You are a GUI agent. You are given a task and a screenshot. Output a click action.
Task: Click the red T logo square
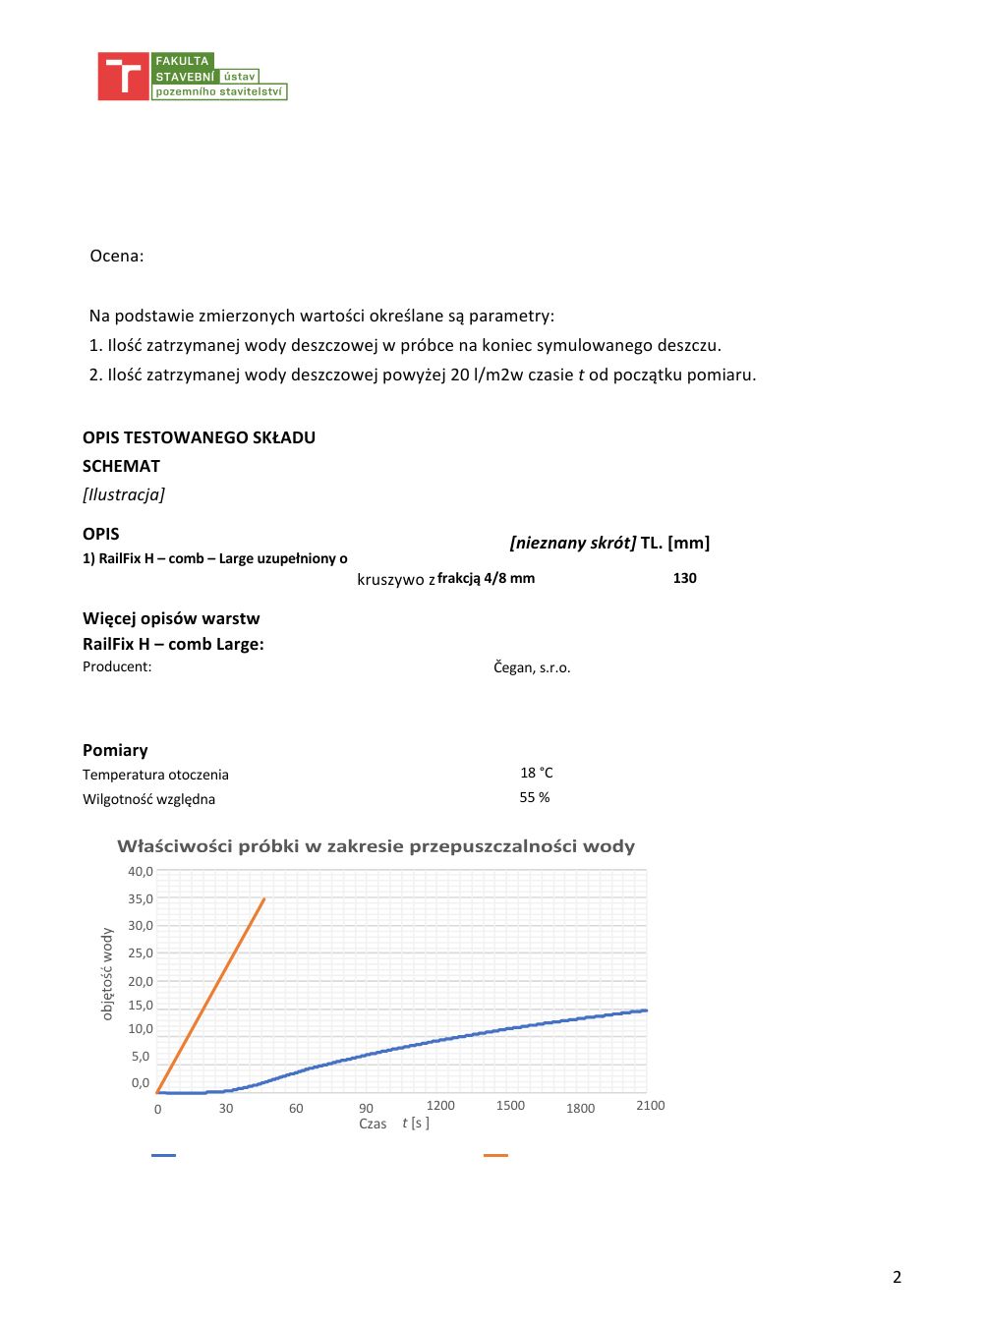[123, 77]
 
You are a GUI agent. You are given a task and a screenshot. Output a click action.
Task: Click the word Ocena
[116, 257]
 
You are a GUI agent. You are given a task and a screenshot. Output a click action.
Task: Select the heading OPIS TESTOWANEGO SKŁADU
[199, 437]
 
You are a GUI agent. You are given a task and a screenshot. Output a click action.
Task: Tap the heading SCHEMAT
[121, 466]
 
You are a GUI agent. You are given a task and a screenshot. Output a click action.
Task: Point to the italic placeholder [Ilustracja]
[124, 494]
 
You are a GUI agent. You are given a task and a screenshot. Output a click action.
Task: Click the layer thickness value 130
[684, 578]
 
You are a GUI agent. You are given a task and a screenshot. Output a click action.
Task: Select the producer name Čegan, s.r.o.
[532, 667]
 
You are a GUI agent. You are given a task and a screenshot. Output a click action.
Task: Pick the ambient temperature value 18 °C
[536, 773]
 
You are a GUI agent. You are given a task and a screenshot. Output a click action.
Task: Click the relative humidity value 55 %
[535, 797]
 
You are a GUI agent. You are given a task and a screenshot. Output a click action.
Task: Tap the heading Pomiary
[115, 750]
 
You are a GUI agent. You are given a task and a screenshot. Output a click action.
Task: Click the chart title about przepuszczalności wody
[376, 846]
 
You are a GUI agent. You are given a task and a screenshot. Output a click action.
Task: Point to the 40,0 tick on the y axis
[141, 871]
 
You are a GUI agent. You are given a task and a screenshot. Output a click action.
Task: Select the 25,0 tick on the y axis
[141, 952]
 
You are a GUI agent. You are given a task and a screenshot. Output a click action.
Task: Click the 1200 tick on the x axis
[440, 1106]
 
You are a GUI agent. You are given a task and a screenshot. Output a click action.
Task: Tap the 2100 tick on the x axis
[650, 1106]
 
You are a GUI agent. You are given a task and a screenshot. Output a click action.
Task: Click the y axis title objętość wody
[107, 974]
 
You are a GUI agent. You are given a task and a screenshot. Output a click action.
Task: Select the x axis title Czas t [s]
[393, 1124]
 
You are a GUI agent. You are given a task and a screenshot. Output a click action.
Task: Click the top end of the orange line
[263, 898]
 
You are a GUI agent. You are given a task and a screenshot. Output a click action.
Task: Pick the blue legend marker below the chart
[163, 1155]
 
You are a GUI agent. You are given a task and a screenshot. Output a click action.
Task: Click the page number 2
[896, 1277]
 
